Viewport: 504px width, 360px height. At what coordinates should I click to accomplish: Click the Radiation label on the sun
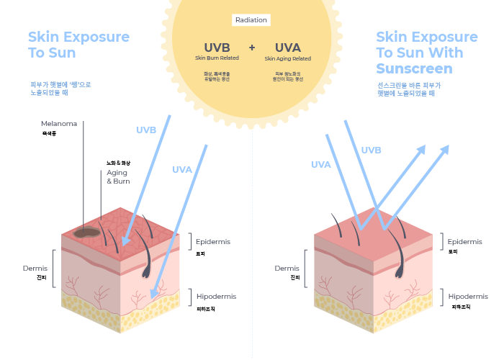pos(251,20)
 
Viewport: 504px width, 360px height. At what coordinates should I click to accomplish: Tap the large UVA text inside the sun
pos(287,48)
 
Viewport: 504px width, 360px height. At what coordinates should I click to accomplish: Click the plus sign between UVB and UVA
pos(252,48)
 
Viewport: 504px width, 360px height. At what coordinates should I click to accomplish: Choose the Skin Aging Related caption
pos(287,58)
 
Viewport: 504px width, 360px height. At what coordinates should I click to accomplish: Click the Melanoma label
pos(59,124)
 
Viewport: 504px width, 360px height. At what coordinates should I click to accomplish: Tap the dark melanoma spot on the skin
pos(87,232)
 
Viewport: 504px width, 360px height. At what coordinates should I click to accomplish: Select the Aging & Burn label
pos(118,177)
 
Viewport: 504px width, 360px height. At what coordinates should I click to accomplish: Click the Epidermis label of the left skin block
pos(213,242)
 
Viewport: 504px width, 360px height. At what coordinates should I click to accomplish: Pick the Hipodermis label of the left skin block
pos(216,296)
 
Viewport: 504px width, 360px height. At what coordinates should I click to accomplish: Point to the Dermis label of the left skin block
pos(35,269)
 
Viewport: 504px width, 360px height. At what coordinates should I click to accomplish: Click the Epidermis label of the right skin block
pos(464,242)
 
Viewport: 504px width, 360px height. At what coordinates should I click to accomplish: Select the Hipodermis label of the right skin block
pos(468,296)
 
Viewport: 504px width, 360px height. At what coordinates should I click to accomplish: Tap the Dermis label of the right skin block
pos(287,269)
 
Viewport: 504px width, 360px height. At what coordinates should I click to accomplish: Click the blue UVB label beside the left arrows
pos(146,130)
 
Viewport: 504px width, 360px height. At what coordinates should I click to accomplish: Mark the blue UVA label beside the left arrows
pos(182,170)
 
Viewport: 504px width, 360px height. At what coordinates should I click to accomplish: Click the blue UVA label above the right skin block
pos(321,165)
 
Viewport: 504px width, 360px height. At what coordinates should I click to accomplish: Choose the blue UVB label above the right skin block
pos(371,150)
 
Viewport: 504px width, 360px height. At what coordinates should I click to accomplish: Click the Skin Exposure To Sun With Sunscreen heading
pos(426,53)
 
